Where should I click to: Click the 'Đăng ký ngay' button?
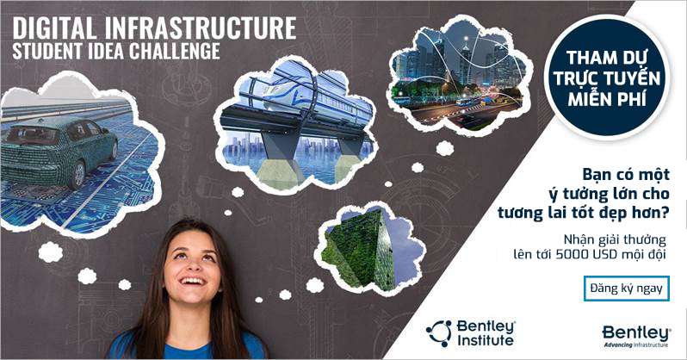tap(627, 289)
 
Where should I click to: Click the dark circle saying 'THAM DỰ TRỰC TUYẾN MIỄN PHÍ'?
tap(607, 78)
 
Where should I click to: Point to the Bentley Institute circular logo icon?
tap(439, 333)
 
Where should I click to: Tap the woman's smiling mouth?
tap(192, 281)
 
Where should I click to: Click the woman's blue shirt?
tap(189, 348)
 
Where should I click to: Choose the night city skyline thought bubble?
tap(458, 76)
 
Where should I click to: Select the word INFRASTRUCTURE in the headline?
tap(201, 28)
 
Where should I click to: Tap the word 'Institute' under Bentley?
tap(485, 341)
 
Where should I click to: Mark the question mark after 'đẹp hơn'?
tap(665, 213)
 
